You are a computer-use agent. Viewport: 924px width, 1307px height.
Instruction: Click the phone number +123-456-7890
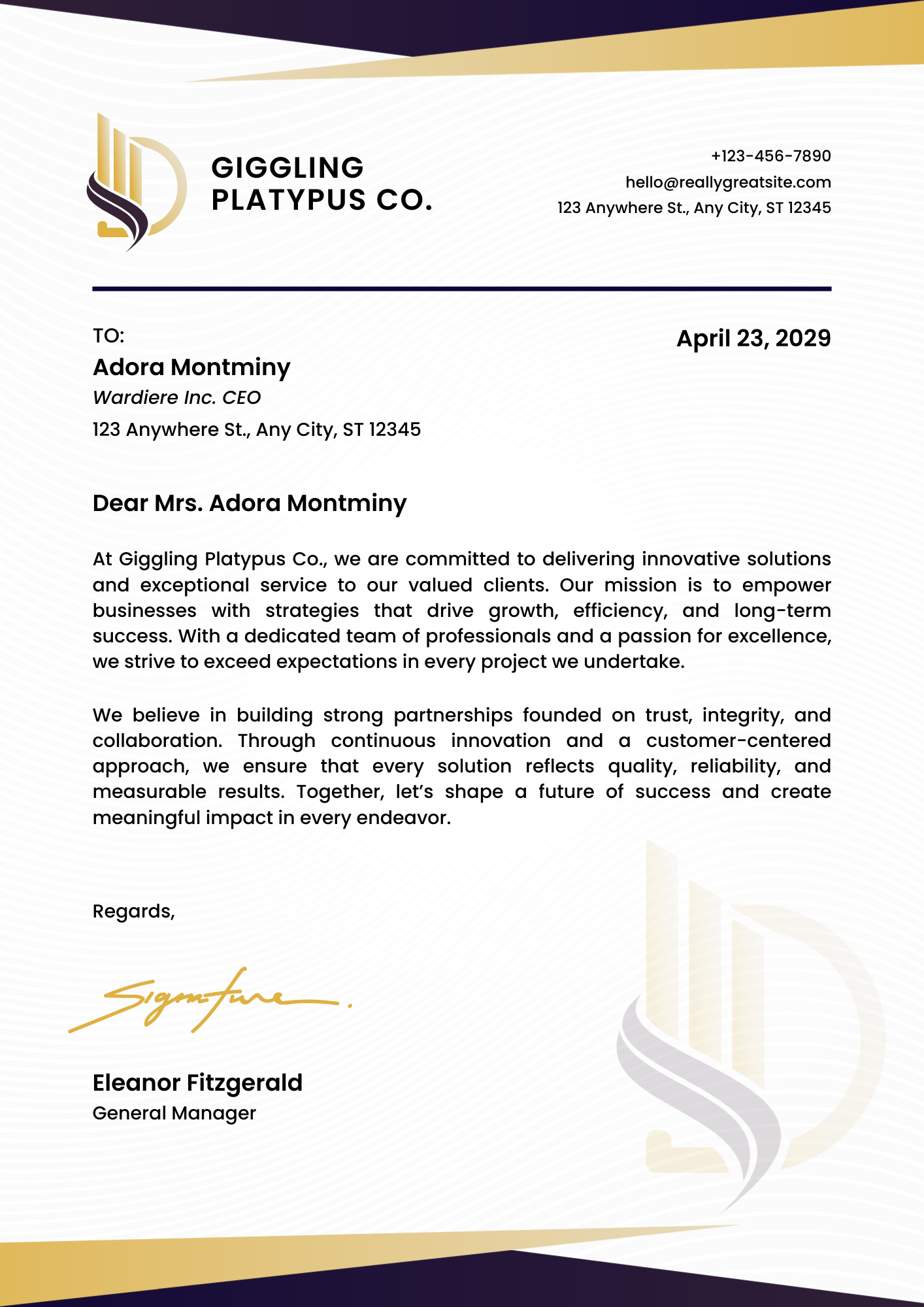point(770,156)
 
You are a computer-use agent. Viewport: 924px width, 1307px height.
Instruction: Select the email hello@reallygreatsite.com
point(728,182)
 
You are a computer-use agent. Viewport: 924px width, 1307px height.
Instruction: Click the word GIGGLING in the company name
point(288,168)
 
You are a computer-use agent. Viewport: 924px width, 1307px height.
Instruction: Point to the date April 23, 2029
point(753,339)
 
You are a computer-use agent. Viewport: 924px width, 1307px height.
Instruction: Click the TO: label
point(108,336)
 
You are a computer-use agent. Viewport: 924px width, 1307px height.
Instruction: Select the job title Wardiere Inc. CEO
point(176,397)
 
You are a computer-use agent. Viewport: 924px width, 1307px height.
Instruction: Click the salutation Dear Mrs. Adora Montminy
point(250,503)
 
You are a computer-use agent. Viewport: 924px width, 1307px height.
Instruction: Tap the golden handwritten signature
point(209,1000)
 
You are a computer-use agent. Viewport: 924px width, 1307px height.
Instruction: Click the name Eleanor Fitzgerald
point(197,1083)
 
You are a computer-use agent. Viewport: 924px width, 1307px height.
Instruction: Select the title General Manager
point(174,1113)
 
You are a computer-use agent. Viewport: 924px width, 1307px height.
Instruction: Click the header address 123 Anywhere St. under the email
point(694,208)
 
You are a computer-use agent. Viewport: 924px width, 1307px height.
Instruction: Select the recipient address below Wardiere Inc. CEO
point(256,429)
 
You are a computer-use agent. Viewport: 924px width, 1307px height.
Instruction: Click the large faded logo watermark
point(745,1033)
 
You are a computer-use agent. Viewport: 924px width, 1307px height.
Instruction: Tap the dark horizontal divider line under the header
point(461,288)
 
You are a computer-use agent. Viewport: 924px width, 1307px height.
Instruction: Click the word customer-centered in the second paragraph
point(738,740)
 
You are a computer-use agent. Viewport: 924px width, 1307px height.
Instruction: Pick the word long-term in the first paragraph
point(782,610)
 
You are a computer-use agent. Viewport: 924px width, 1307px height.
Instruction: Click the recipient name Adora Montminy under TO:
point(191,367)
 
